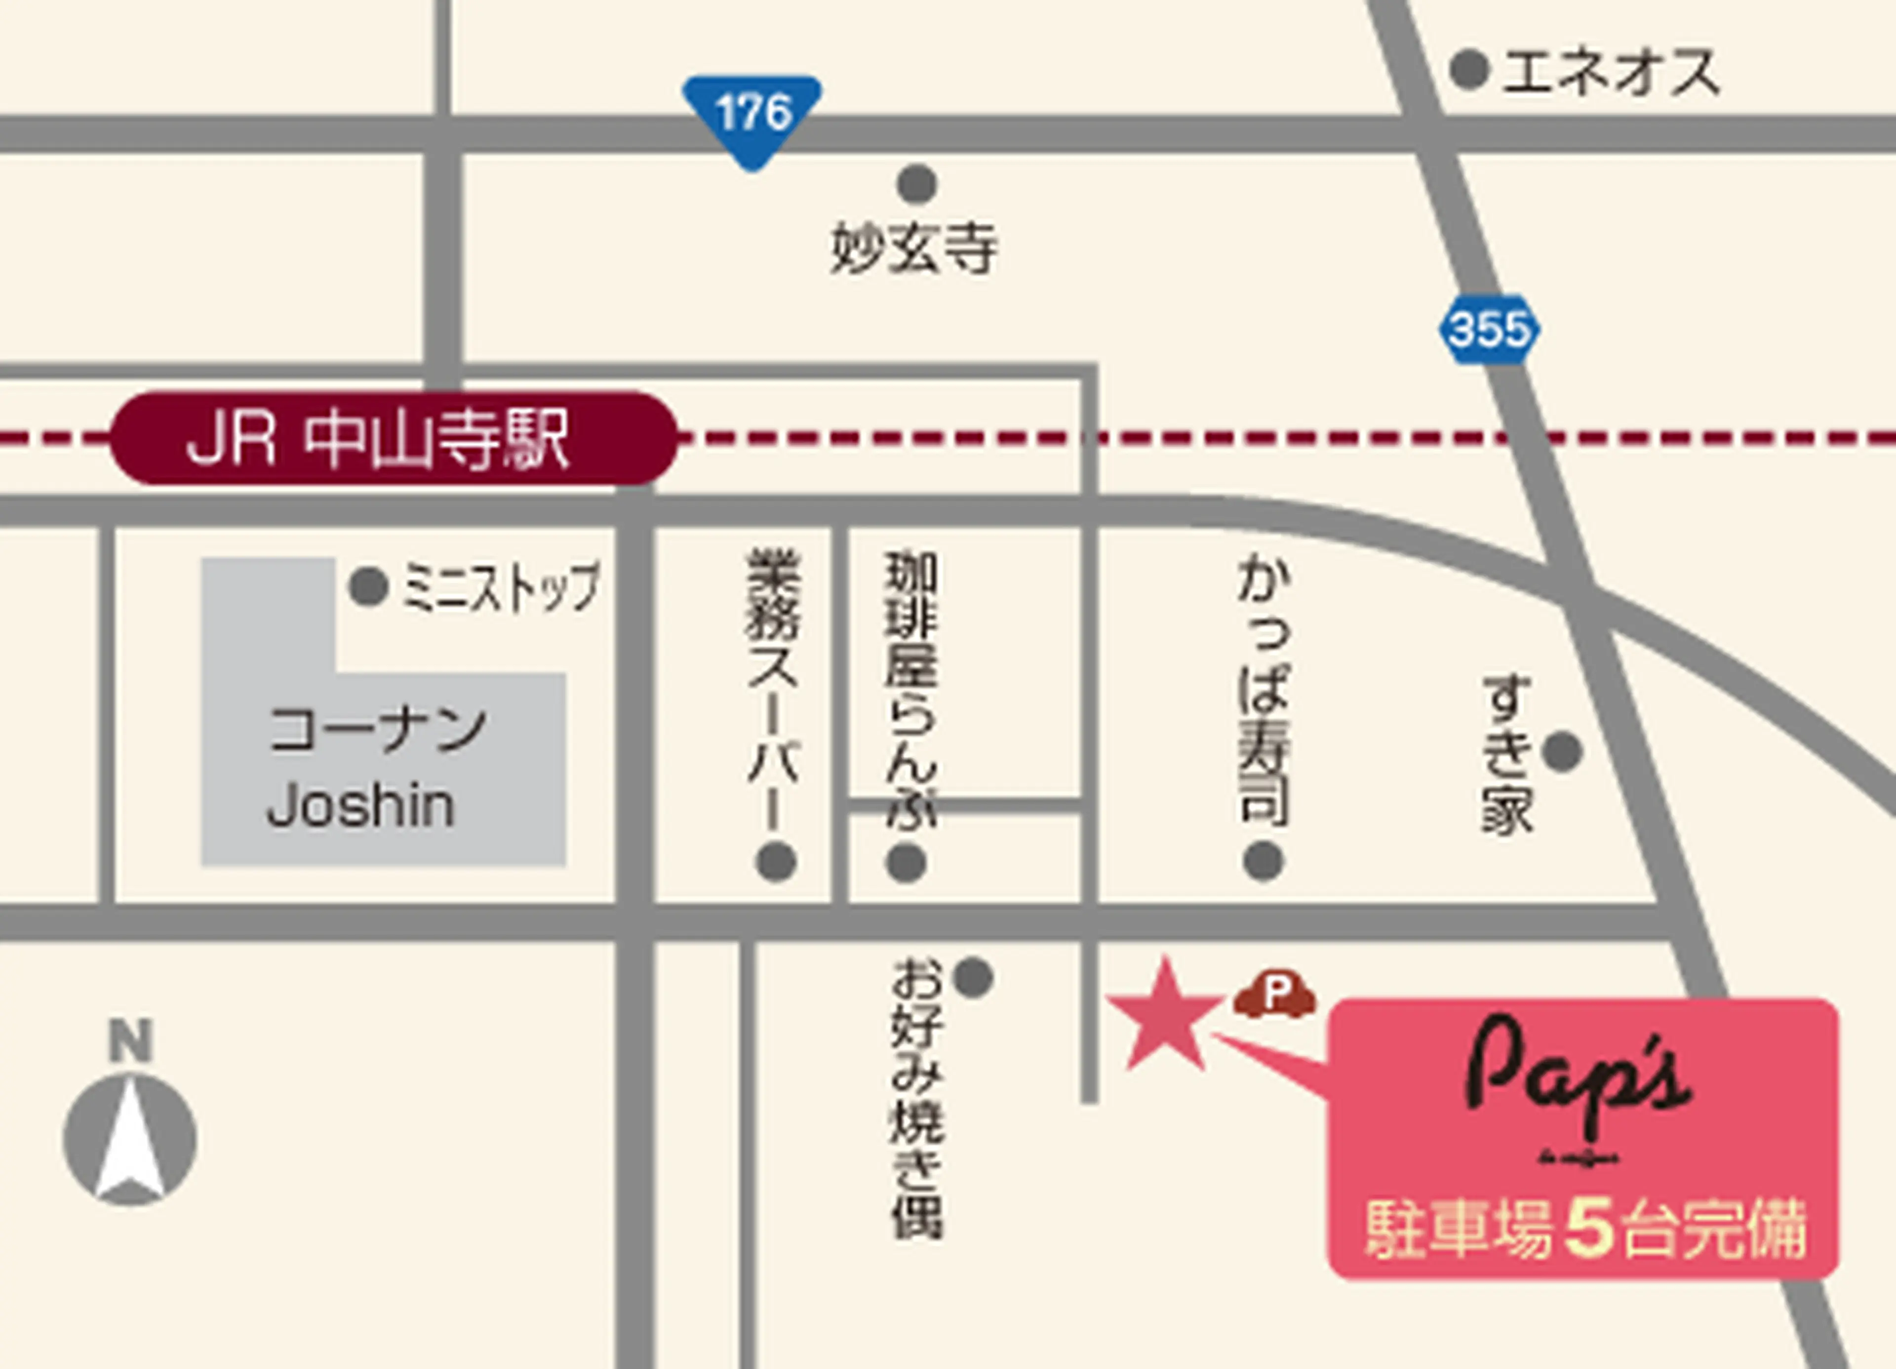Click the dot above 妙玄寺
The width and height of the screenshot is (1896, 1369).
click(917, 184)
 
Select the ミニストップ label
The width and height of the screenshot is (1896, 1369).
click(502, 586)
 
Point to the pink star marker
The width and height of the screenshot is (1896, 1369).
click(1164, 1017)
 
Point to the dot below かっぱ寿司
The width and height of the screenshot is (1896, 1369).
click(1263, 862)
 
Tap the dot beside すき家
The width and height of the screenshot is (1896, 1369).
click(1562, 752)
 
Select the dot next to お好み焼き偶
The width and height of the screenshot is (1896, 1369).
click(973, 977)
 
